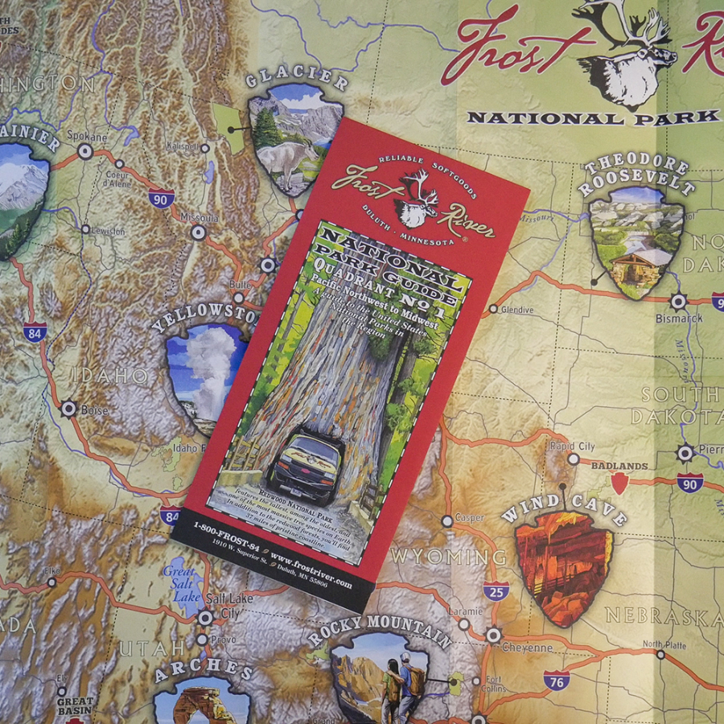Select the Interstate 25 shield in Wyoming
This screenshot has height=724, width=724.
[496, 591]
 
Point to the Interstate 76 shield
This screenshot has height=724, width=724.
[556, 681]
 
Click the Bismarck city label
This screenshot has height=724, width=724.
[679, 318]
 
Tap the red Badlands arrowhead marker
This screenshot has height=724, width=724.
[619, 483]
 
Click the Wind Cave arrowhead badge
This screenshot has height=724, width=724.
[563, 567]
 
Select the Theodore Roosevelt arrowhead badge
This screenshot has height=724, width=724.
[636, 241]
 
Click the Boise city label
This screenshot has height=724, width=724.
[93, 409]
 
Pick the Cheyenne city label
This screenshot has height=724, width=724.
[527, 647]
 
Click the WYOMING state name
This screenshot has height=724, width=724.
[448, 557]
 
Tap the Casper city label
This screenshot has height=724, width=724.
[469, 518]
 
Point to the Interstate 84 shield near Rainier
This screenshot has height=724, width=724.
[34, 331]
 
